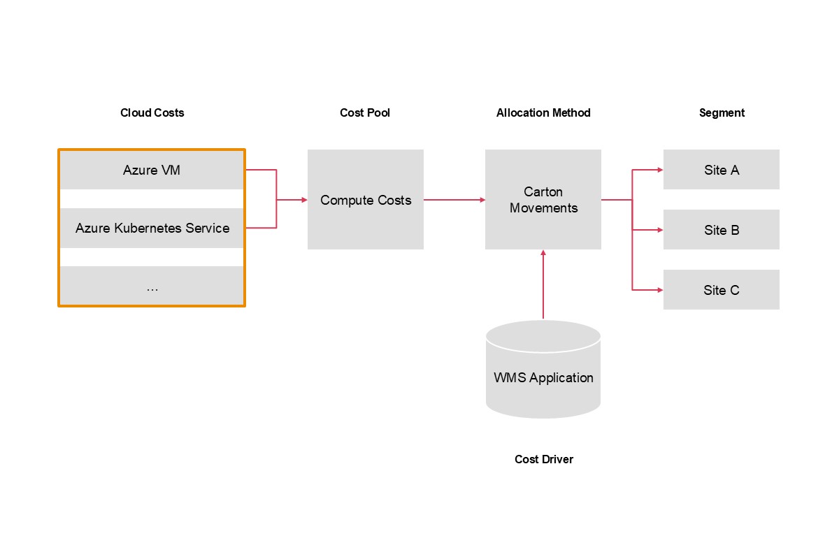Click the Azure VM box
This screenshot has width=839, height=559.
(152, 170)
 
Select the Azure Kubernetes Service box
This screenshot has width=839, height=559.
(152, 228)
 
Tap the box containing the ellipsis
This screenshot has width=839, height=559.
(152, 286)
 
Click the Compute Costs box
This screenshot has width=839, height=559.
(365, 200)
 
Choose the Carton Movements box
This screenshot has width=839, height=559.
(543, 200)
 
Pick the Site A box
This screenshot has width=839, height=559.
(721, 170)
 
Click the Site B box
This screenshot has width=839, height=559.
(721, 230)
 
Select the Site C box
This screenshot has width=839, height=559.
(721, 290)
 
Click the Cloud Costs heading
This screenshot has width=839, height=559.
(152, 112)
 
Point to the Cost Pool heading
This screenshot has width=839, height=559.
(365, 112)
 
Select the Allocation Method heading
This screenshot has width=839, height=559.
(543, 112)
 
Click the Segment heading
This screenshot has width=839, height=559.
(722, 112)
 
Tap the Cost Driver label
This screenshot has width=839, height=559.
(543, 459)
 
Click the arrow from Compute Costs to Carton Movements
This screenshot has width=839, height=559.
(454, 200)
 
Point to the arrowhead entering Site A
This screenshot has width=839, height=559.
(659, 170)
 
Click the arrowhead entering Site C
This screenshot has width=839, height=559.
(659, 289)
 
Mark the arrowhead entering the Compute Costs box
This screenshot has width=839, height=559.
(303, 200)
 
